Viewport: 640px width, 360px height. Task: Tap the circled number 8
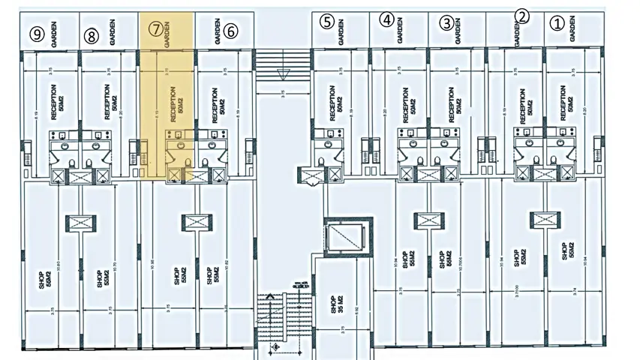coord(92,34)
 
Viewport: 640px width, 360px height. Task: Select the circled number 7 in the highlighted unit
coord(155,30)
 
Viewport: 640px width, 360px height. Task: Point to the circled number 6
coord(230,31)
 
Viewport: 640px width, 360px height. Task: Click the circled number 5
coord(326,21)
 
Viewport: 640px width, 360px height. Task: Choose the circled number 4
coord(386,19)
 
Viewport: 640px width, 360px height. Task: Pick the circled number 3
coord(446,22)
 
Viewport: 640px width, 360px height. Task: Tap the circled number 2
coord(523,15)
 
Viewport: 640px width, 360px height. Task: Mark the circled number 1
coord(556,22)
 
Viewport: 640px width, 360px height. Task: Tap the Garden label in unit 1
coord(572,30)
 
